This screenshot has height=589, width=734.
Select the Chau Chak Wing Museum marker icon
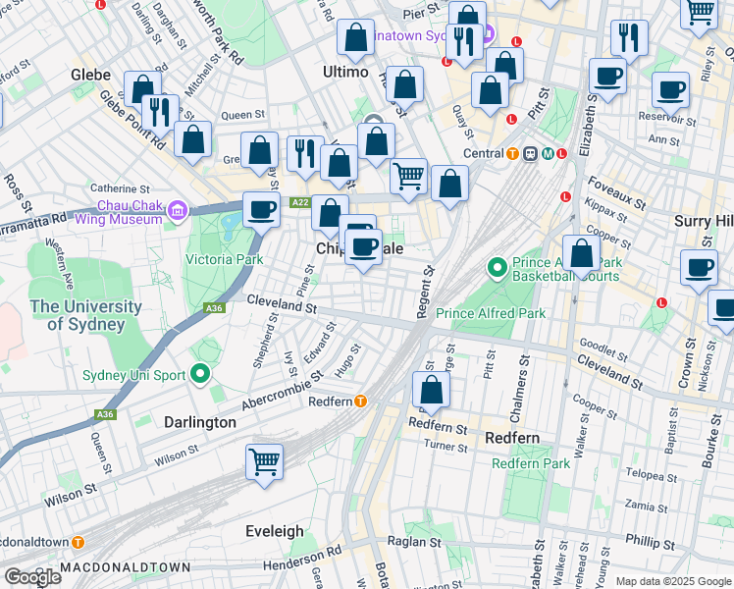pyautogui.click(x=178, y=210)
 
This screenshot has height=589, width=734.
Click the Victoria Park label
pyautogui.click(x=225, y=259)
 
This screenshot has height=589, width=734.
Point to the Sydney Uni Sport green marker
pyautogui.click(x=202, y=373)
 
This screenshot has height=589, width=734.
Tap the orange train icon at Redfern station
pyautogui.click(x=361, y=401)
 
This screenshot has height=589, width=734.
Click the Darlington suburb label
pyautogui.click(x=199, y=422)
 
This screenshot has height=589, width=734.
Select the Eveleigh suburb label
pyautogui.click(x=274, y=531)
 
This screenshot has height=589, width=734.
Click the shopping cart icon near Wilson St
pyautogui.click(x=265, y=460)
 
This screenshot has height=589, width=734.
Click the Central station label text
pyautogui.click(x=484, y=153)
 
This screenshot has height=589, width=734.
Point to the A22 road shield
pyautogui.click(x=300, y=202)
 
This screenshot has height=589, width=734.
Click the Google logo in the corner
pyautogui.click(x=31, y=576)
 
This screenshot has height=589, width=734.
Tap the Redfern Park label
pyautogui.click(x=530, y=463)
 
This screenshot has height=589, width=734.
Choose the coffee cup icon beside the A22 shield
pyautogui.click(x=262, y=208)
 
